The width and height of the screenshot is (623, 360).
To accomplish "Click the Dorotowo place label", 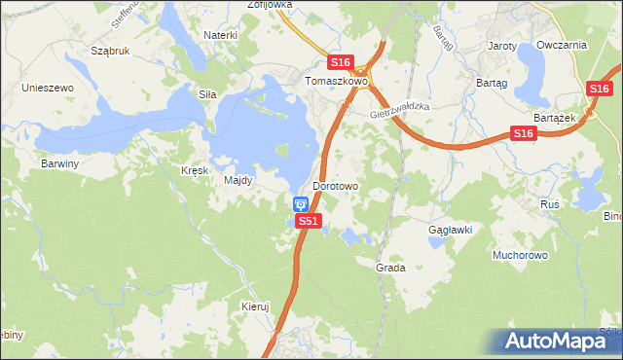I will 336,185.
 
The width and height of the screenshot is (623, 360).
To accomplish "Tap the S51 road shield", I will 309,221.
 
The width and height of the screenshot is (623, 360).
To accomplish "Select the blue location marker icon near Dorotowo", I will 301,203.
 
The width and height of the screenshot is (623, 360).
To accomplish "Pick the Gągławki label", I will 451,230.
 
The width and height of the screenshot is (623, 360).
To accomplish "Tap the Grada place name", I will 390,267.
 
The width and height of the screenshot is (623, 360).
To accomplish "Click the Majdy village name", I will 238,180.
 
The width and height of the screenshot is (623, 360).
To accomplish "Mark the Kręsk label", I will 195,170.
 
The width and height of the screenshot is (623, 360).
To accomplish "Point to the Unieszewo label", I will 49,88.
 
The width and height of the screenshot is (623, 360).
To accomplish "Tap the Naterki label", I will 221,35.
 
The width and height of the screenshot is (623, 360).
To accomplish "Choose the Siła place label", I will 206,94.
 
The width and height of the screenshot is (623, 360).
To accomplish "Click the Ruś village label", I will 550,204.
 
